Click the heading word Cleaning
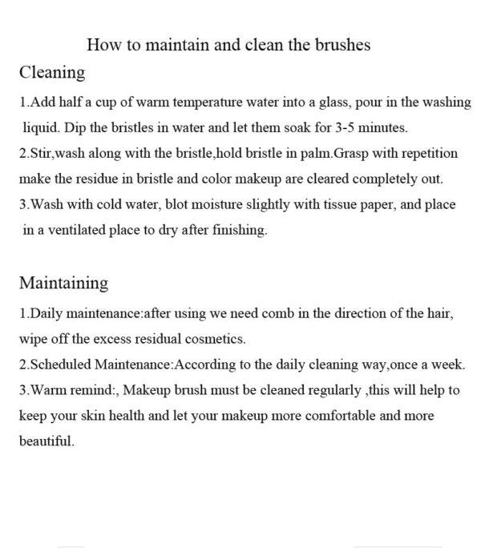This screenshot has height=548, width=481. click(52, 73)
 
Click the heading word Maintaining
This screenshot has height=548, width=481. click(63, 284)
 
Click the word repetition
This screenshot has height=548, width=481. click(429, 154)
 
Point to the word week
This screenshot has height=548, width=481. click(447, 364)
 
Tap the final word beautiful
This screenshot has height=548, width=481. click(46, 441)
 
